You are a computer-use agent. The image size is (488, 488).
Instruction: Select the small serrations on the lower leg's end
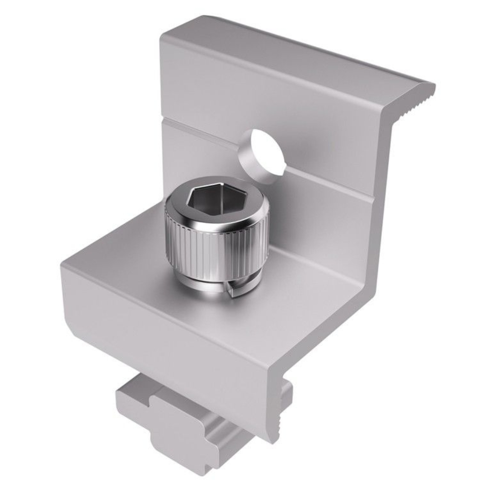click(282, 407)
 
